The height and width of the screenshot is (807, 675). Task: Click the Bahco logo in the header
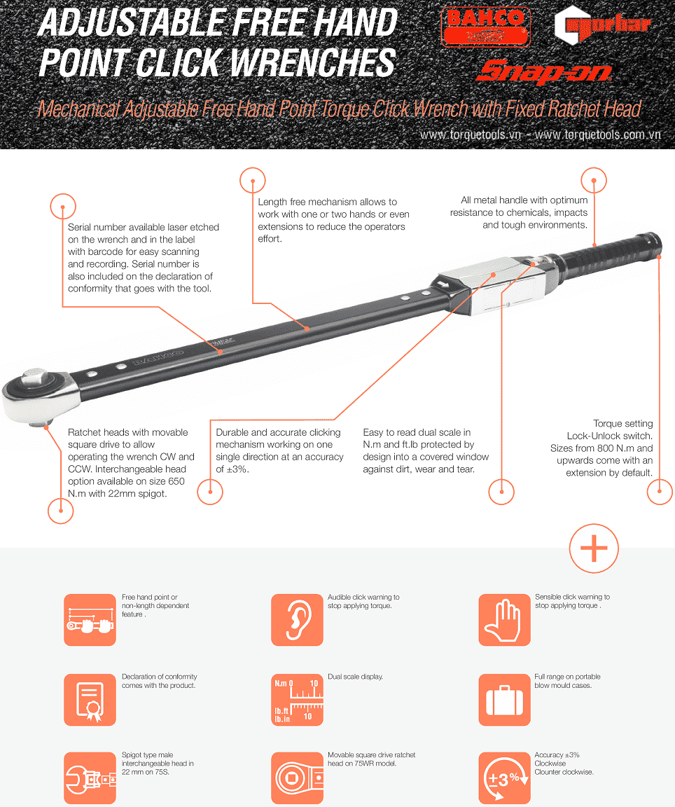(485, 27)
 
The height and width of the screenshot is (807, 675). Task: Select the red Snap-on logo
(544, 71)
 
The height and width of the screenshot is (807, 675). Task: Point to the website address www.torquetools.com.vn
(597, 134)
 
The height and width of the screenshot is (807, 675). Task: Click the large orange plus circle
(594, 549)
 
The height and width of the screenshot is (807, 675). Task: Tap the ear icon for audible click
(297, 620)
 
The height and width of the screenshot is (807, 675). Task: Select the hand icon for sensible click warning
(504, 620)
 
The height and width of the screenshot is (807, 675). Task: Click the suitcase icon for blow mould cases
(504, 700)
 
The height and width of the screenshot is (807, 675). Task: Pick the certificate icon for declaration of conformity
(90, 700)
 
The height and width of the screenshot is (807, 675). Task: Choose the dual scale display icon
(297, 700)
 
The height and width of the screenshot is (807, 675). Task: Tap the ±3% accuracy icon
(504, 778)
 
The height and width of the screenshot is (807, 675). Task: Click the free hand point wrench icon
(90, 620)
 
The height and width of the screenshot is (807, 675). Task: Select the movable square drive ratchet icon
(297, 778)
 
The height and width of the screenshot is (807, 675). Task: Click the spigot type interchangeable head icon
(90, 778)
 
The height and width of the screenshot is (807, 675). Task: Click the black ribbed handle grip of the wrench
(607, 252)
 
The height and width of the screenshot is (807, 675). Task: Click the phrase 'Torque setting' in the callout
(623, 424)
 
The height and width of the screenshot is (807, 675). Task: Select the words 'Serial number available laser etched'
(144, 227)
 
